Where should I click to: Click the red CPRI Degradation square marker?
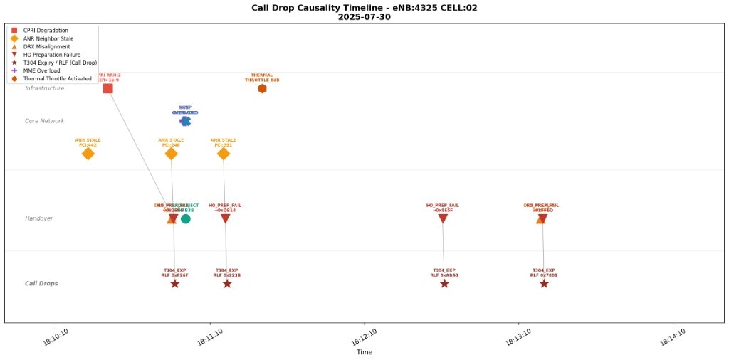[x=107, y=88]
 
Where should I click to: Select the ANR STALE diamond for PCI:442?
[x=88, y=154]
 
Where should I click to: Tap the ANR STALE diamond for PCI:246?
[x=171, y=154]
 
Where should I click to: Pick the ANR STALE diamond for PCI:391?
[x=224, y=154]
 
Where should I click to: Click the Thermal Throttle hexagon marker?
[x=262, y=88]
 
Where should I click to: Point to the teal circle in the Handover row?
[x=186, y=218]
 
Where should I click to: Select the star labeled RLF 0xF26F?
[x=174, y=284]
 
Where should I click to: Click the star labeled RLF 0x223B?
[x=227, y=284]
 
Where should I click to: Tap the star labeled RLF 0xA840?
[x=444, y=284]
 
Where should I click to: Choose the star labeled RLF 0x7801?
[x=544, y=284]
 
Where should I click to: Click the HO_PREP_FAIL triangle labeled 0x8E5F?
[x=443, y=219]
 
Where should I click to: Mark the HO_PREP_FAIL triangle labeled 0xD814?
[x=225, y=219]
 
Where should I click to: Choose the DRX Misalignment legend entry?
[x=47, y=46]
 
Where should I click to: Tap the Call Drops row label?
[x=41, y=284]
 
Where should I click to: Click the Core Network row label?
[x=44, y=121]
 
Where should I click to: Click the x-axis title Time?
[x=364, y=352]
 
